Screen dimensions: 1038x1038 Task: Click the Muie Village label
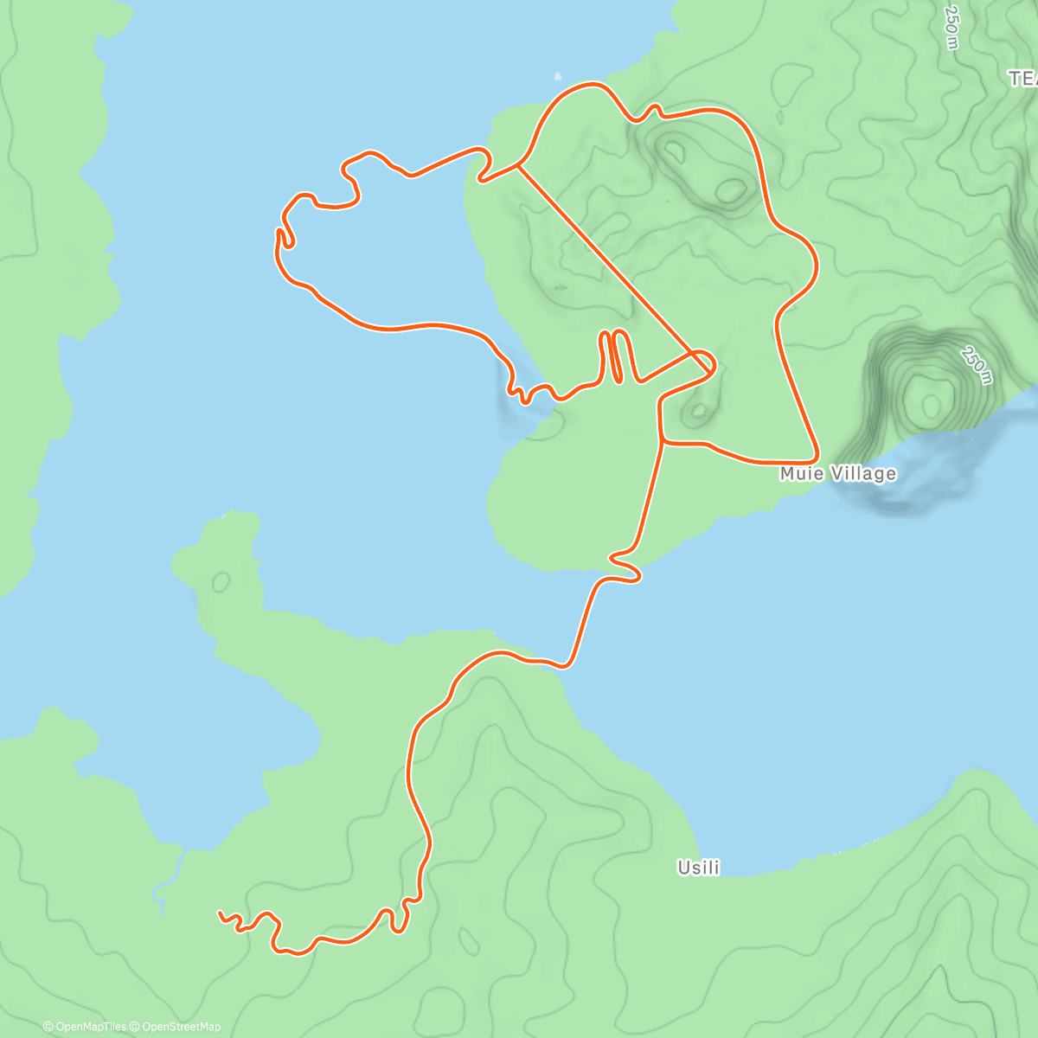click(837, 474)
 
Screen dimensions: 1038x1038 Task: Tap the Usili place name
click(698, 868)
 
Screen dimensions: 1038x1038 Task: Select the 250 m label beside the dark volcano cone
click(976, 366)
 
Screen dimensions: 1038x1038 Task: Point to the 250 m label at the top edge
click(951, 29)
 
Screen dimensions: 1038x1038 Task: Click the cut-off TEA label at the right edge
click(1022, 80)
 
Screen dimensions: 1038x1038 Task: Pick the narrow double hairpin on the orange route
click(614, 355)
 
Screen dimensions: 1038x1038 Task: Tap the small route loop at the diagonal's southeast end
click(703, 362)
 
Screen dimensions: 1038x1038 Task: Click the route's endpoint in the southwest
click(221, 913)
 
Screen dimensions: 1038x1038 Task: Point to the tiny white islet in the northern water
click(557, 75)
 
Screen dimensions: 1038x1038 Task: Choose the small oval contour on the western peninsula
click(221, 581)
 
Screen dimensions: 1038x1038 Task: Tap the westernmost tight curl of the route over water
click(283, 238)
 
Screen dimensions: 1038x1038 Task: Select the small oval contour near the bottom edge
click(468, 941)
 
